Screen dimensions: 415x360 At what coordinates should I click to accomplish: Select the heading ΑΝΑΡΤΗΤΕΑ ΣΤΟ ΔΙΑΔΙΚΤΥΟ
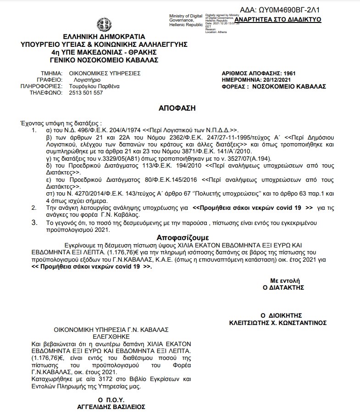[x=277, y=20]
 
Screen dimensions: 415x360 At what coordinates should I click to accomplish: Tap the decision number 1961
[x=289, y=73]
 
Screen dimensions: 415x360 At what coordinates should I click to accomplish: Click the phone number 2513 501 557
[x=86, y=92]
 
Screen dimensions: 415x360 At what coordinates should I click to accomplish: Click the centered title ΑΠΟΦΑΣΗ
[x=177, y=108]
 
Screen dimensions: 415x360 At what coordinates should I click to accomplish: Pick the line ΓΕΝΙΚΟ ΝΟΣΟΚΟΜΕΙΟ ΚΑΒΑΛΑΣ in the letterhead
[x=104, y=60]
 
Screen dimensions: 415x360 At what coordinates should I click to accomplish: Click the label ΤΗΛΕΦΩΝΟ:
[x=46, y=92]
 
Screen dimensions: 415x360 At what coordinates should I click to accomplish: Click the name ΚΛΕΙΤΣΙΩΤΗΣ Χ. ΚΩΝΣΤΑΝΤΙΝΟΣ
[x=278, y=323]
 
